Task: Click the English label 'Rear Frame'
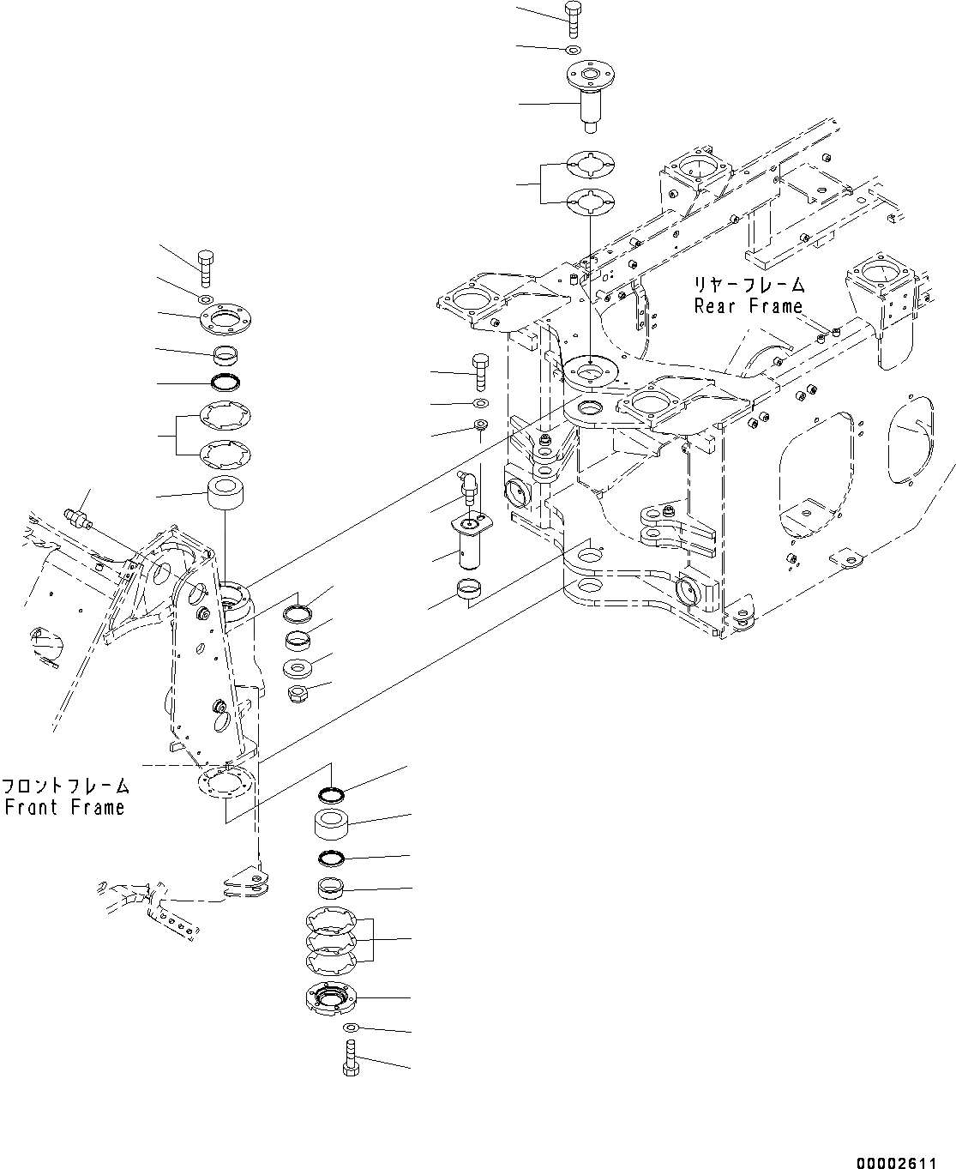(748, 306)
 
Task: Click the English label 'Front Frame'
(64, 807)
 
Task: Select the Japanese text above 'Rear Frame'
(749, 285)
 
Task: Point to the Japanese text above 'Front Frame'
(65, 786)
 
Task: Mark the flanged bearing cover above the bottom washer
(330, 999)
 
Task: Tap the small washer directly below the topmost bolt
(574, 49)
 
